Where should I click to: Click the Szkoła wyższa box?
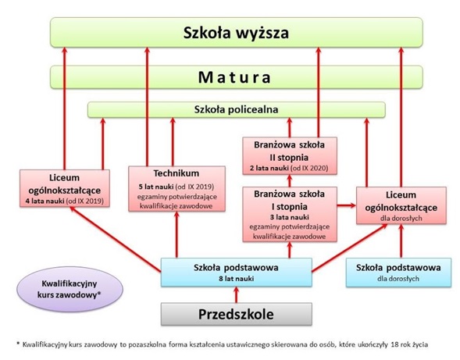[237, 32]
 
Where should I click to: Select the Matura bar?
[237, 77]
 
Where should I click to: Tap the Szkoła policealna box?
[237, 110]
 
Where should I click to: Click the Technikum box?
[177, 189]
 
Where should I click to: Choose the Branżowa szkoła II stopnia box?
[290, 156]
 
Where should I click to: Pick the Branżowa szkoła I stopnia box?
[290, 214]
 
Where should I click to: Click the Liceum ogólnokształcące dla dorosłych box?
[401, 205]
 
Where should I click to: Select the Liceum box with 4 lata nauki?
[65, 188]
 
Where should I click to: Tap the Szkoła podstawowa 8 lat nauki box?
[237, 273]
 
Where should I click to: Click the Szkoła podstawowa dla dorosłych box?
[398, 273]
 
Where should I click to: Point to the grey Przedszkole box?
[237, 314]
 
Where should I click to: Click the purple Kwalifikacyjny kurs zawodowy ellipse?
[70, 289]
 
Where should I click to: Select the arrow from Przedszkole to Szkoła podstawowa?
[237, 295]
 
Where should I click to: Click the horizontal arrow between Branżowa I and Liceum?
[347, 205]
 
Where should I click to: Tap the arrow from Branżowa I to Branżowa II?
[290, 180]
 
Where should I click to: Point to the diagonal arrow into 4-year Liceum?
[116, 239]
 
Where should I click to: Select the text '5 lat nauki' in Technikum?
[155, 187]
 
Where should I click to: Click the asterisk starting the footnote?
[18, 344]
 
